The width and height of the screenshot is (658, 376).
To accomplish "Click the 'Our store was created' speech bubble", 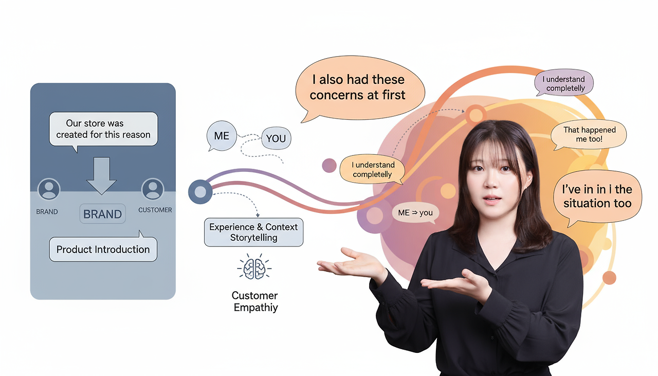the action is (x=103, y=129).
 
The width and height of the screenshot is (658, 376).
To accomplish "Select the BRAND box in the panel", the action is (x=102, y=214).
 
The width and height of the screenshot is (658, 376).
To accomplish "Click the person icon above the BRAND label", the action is (x=49, y=189).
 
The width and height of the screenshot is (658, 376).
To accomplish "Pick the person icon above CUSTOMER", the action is (x=152, y=189).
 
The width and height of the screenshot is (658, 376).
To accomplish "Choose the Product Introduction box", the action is (x=103, y=249).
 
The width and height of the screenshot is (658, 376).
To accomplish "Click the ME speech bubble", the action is (x=222, y=136).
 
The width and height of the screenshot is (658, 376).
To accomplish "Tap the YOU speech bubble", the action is (x=276, y=138).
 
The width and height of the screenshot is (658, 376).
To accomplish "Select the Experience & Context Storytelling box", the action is (x=253, y=232).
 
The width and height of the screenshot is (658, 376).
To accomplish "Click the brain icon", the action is (x=254, y=267).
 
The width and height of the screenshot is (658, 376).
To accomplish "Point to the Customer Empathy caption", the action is (x=254, y=301).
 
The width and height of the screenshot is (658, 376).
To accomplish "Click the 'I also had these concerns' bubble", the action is (x=359, y=87).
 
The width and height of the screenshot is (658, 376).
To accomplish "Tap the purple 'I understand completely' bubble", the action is (x=564, y=83).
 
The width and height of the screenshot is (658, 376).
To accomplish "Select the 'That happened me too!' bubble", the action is (x=589, y=135).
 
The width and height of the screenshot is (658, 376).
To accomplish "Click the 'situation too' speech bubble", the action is (x=597, y=196).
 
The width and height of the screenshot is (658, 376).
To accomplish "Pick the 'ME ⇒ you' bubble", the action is (x=415, y=213).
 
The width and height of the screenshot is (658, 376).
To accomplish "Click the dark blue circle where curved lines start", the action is (x=200, y=192).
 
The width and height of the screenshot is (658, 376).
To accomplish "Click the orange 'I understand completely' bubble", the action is (x=372, y=170).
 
